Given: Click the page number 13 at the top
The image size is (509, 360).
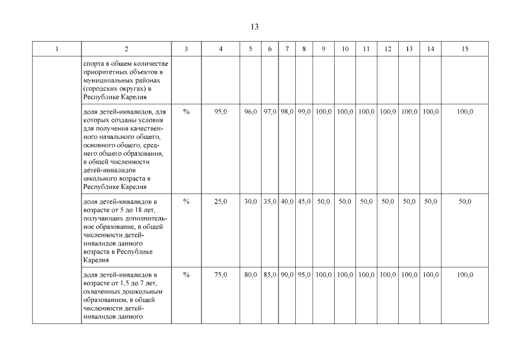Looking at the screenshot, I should click(254, 26).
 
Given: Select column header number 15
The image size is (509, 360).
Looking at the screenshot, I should click(465, 49).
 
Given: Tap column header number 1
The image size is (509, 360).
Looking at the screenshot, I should click(57, 49).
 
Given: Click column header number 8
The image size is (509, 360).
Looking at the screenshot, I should click(304, 49).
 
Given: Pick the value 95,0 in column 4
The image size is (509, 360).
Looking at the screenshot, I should click(221, 112).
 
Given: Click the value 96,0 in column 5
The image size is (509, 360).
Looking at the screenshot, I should click(250, 112).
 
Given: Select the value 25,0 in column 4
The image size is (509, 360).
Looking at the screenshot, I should click(221, 201).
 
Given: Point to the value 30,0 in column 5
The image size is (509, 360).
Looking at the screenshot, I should click(250, 201).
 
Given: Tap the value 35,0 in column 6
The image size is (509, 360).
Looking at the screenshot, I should click(270, 201).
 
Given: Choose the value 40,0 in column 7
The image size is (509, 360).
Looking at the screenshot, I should click(287, 201).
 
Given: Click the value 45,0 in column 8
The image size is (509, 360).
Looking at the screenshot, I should click(304, 201).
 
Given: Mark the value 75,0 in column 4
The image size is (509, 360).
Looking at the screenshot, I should click(221, 274).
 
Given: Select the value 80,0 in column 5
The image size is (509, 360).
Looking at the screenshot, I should click(250, 274).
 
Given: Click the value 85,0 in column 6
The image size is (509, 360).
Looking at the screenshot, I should click(270, 274).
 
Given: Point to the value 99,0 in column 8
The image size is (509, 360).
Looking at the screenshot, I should click(304, 112).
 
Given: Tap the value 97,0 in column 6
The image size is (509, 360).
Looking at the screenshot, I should click(270, 112).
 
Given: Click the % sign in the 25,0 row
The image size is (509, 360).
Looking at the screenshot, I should click(186, 201).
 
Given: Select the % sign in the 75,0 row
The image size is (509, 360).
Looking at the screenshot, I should click(186, 274).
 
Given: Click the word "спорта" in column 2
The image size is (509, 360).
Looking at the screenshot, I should click(93, 64).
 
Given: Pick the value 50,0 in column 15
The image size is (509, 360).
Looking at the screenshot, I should click(465, 201).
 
